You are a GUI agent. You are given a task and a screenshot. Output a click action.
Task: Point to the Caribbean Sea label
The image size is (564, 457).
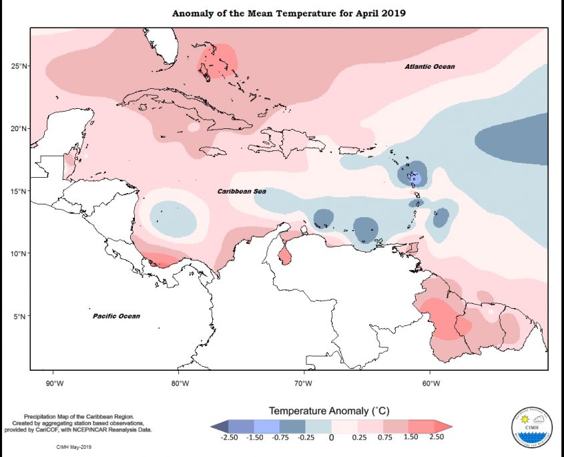(x=242, y=191)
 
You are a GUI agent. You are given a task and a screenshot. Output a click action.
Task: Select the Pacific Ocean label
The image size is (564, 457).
(x=116, y=315)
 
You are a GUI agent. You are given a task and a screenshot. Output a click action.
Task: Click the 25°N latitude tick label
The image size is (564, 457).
(x=18, y=66)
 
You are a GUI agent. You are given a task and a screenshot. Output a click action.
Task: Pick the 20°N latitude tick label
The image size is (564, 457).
(x=18, y=129)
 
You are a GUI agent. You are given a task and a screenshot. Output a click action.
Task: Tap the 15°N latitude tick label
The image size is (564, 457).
(x=18, y=191)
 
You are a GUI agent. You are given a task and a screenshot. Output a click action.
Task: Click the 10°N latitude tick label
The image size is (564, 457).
(x=18, y=254)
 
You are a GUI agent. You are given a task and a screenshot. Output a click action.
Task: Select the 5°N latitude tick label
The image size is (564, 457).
(x=20, y=316)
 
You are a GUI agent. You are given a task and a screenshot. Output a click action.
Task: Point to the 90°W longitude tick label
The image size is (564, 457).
(x=53, y=383)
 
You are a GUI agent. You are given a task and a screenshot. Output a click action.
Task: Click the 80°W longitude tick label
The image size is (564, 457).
(x=178, y=383)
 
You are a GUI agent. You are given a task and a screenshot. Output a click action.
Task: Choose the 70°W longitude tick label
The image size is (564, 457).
(x=304, y=383)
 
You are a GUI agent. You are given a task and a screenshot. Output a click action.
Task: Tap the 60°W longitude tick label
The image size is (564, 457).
(x=430, y=383)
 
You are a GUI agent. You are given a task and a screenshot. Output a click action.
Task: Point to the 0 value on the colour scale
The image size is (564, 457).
(x=331, y=438)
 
